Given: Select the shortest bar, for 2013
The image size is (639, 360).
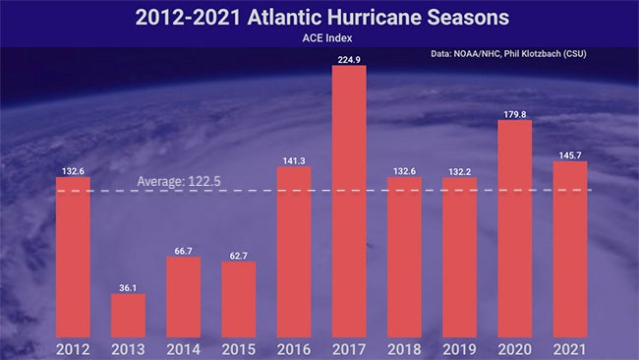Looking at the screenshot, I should (x=128, y=315).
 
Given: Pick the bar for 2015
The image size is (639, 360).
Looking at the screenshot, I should (x=238, y=299).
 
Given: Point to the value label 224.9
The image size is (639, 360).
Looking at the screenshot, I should (x=349, y=58).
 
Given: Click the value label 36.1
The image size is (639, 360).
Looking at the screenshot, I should (x=128, y=286).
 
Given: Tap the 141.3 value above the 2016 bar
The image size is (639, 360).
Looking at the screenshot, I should (x=294, y=159).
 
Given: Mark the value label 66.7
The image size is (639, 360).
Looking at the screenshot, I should (x=183, y=250).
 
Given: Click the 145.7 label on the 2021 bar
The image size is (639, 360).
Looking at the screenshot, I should (x=569, y=154).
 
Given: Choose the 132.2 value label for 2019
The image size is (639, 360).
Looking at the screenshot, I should (x=459, y=171).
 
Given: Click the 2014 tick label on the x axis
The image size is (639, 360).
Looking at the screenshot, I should (x=183, y=349).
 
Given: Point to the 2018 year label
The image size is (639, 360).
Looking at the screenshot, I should (x=404, y=349).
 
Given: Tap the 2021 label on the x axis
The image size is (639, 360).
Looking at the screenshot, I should (x=569, y=349).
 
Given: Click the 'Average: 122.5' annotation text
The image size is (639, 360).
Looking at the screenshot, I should (x=173, y=182).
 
